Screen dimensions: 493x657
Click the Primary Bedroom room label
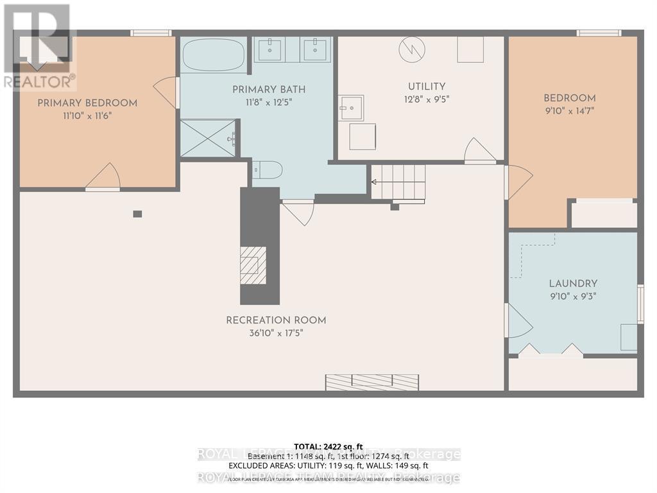coord(87,103)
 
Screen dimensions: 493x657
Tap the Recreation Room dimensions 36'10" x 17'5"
coord(276,333)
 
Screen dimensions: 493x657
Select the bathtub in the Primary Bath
coord(214,56)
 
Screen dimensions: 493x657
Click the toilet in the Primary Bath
coord(267,170)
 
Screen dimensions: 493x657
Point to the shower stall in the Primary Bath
coord(209,138)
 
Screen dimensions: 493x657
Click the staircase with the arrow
coord(398,182)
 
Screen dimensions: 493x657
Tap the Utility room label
coord(427,87)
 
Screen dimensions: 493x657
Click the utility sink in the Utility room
coord(351,108)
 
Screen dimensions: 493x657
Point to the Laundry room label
coord(573,283)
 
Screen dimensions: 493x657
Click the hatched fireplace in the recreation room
coord(253,265)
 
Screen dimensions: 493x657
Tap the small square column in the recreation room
coord(137,214)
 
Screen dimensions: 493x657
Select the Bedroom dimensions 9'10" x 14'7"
coord(570,111)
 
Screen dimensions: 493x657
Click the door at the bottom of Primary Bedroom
coord(103,178)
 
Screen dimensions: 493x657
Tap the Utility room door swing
coord(479,151)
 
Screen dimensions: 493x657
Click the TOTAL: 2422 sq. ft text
coord(328,446)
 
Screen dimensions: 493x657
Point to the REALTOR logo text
coord(38,82)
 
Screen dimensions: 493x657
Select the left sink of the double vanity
coord(269,50)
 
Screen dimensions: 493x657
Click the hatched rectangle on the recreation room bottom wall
coord(371,383)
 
